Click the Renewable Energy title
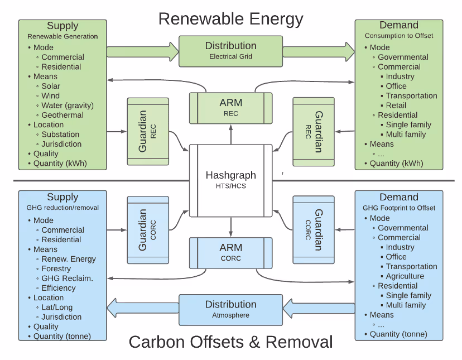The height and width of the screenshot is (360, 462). (x=230, y=18)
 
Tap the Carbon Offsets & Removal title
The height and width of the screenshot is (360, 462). (x=230, y=342)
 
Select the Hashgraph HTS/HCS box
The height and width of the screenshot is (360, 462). (x=230, y=180)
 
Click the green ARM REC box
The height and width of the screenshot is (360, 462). (x=230, y=108)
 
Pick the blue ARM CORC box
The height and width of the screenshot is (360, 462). (x=230, y=252)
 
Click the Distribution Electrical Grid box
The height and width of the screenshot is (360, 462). (x=230, y=50)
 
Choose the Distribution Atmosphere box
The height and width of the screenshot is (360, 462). (x=230, y=309)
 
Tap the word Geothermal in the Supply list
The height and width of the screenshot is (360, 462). (x=62, y=115)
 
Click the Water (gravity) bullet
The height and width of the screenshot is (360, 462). (x=68, y=105)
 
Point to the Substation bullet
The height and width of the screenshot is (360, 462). (x=60, y=135)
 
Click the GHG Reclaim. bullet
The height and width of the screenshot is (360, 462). (x=67, y=279)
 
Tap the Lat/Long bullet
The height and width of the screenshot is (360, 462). (x=57, y=308)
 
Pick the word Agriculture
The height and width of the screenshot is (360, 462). (x=405, y=276)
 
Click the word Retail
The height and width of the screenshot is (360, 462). (x=396, y=105)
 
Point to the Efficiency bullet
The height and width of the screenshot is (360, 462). (x=59, y=288)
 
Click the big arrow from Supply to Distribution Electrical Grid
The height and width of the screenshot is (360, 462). (x=142, y=52)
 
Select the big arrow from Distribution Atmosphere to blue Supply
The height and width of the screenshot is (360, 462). (x=142, y=306)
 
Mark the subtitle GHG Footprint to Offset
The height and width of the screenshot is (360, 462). (x=399, y=208)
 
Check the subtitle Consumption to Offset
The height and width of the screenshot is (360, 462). (x=399, y=36)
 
